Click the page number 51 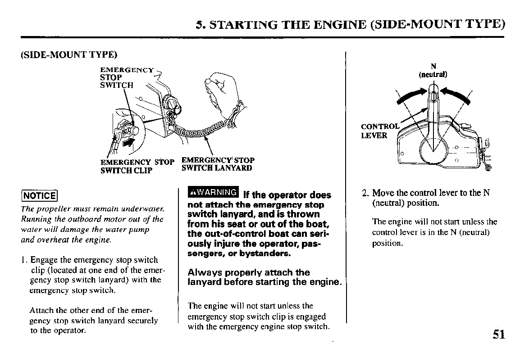tap(499, 334)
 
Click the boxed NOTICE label tap(40, 195)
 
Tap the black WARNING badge tap(213, 192)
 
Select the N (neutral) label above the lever tap(433, 70)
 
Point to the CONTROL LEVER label tap(380, 131)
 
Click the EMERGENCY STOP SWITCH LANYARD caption tap(218, 164)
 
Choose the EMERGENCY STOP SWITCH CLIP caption tap(137, 167)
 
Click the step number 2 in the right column tap(365, 193)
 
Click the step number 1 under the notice tap(23, 260)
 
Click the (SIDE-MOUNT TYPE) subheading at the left tap(69, 54)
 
